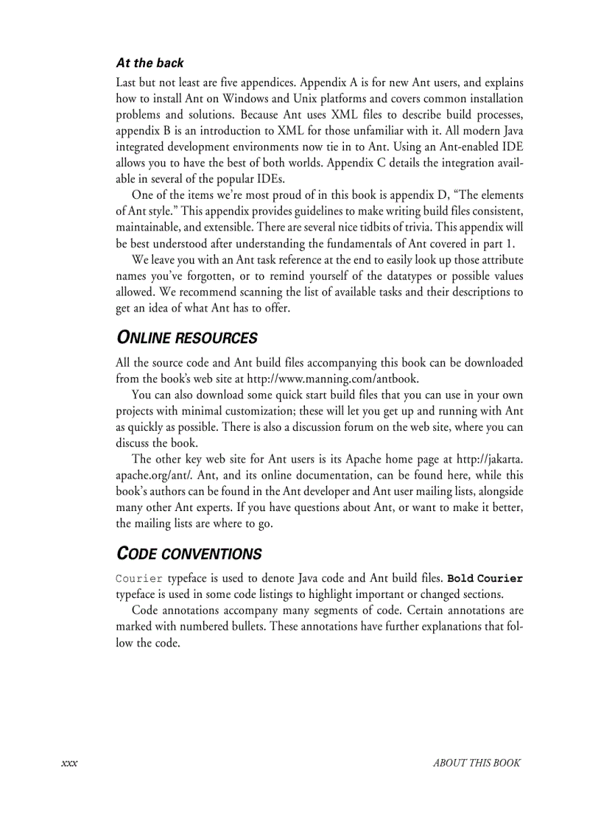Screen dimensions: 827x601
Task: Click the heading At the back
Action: click(x=150, y=63)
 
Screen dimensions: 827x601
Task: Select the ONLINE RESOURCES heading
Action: click(x=187, y=338)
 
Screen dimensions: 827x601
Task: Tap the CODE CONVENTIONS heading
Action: click(x=189, y=553)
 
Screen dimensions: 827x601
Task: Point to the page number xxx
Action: click(x=69, y=763)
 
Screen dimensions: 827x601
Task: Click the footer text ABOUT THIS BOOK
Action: click(x=477, y=763)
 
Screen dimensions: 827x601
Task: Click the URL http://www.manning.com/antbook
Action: click(x=333, y=379)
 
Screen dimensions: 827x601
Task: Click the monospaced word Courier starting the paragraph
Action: click(x=139, y=578)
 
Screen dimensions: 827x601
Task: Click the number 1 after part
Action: click(x=511, y=244)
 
